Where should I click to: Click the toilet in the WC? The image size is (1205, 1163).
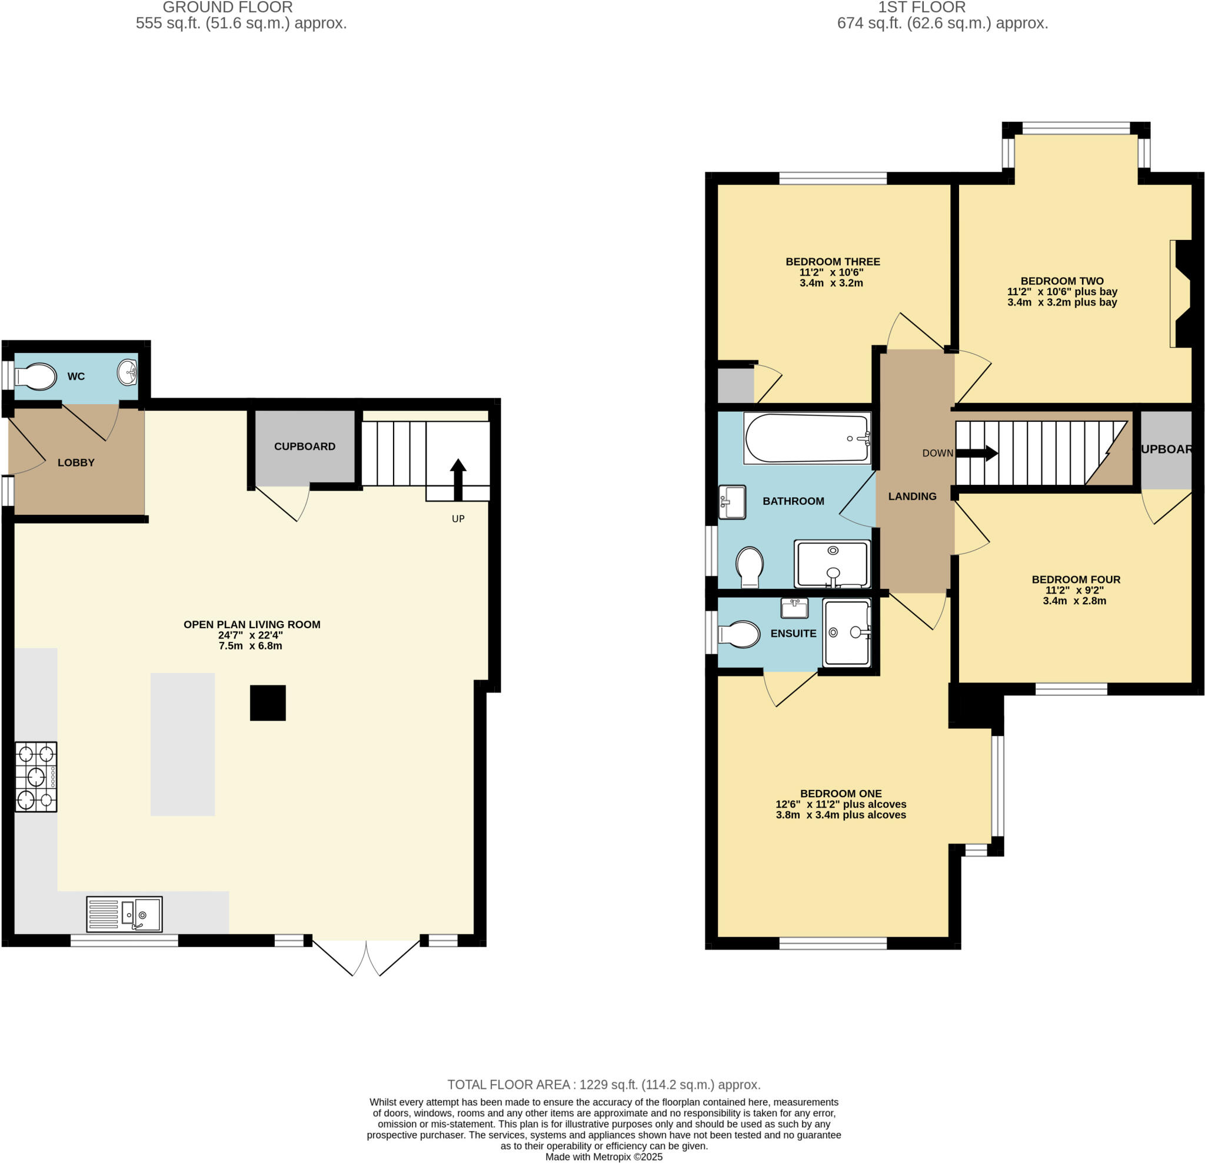click(x=36, y=376)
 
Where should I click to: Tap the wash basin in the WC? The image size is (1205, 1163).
click(x=127, y=372)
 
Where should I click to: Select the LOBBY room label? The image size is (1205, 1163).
click(x=76, y=462)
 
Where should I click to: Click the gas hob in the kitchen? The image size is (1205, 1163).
click(x=36, y=777)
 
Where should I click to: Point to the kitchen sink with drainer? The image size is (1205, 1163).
click(x=124, y=914)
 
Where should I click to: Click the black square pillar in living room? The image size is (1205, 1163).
click(x=268, y=702)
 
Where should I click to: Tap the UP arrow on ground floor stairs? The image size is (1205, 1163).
click(x=458, y=479)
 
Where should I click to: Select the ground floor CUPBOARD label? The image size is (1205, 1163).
click(x=304, y=446)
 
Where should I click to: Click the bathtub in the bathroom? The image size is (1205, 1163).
click(x=807, y=438)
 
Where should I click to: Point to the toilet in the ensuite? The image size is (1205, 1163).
click(x=740, y=634)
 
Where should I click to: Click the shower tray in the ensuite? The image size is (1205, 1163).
click(x=847, y=632)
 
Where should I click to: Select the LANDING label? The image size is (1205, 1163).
click(x=912, y=496)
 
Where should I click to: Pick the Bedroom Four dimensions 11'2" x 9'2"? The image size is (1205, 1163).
click(x=1074, y=590)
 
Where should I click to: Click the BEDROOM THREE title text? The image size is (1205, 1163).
click(x=833, y=261)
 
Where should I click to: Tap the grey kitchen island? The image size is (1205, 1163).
click(x=182, y=744)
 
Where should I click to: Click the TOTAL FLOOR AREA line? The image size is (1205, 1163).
click(x=604, y=1084)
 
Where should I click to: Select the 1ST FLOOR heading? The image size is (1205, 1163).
click(x=921, y=8)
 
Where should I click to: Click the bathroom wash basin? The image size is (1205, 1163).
click(x=732, y=502)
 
